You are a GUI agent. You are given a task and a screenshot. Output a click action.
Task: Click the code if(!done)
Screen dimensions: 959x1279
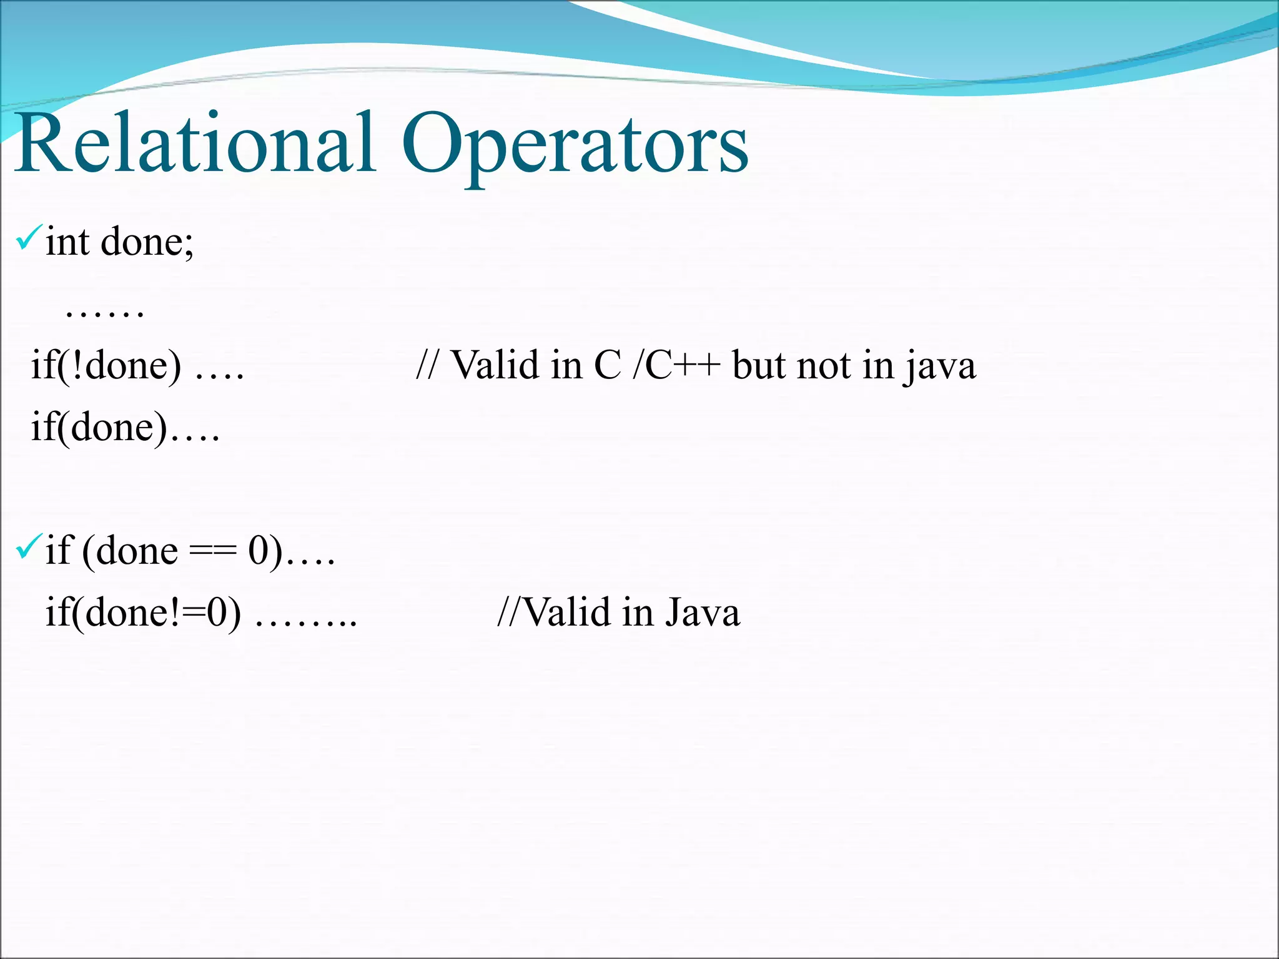[106, 365]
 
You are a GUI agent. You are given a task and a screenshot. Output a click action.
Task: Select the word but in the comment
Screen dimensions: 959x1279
[758, 365]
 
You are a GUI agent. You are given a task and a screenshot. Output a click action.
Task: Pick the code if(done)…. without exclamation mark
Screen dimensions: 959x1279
[100, 428]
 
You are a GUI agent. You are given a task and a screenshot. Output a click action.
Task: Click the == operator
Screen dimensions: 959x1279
[212, 551]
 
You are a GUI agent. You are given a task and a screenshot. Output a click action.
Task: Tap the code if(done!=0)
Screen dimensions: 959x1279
[144, 612]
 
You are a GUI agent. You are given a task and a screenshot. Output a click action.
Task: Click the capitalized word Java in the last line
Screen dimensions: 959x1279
[702, 612]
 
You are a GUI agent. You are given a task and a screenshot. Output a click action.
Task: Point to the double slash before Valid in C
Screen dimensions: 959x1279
[426, 365]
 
